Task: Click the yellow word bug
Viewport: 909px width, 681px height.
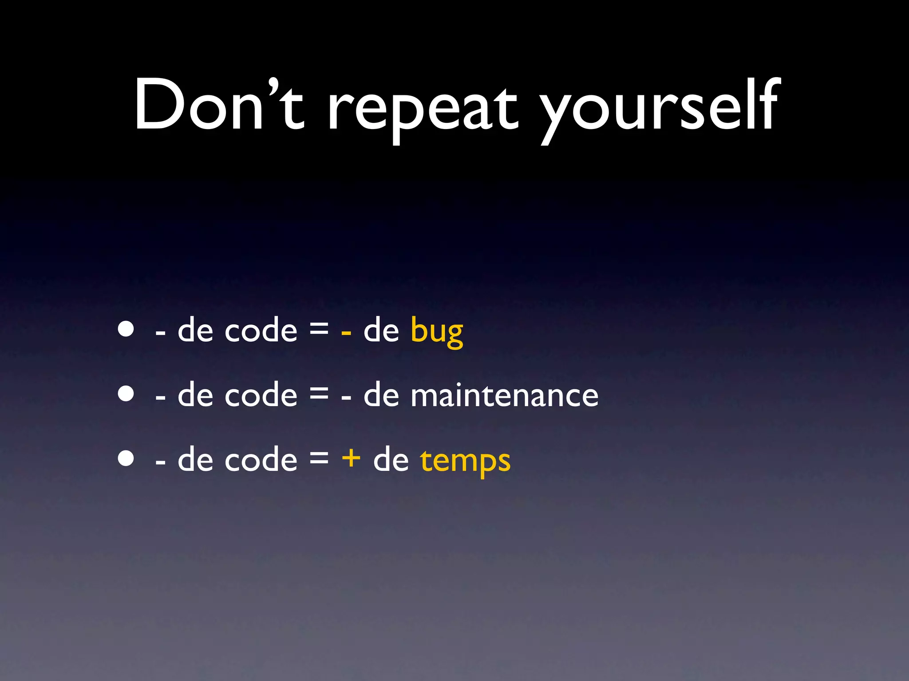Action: pyautogui.click(x=437, y=332)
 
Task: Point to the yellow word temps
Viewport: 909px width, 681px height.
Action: pyautogui.click(x=465, y=461)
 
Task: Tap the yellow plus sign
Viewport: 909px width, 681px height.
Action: pyautogui.click(x=351, y=458)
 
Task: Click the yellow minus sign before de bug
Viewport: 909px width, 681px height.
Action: pyautogui.click(x=346, y=332)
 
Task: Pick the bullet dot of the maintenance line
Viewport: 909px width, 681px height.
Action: pyautogui.click(x=126, y=393)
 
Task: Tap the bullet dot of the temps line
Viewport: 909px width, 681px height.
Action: pyautogui.click(x=126, y=458)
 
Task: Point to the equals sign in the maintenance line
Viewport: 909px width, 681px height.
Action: pyautogui.click(x=319, y=393)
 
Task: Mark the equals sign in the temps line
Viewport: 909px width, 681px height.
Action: pyautogui.click(x=319, y=458)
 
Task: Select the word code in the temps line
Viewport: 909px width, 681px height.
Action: pyautogui.click(x=261, y=459)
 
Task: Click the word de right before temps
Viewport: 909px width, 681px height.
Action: pyautogui.click(x=391, y=459)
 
